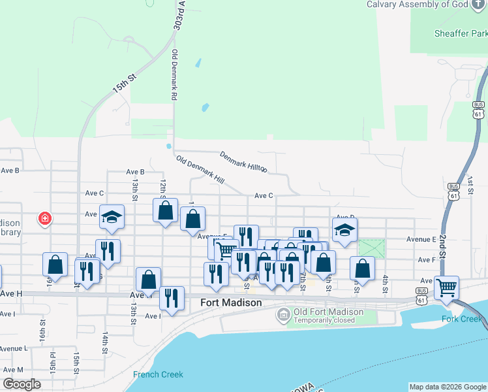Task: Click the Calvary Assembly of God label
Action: (x=427, y=5)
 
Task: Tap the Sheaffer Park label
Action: (x=461, y=33)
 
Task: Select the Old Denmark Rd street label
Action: (x=175, y=74)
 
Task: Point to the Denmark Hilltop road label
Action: (x=243, y=162)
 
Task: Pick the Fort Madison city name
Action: (x=231, y=302)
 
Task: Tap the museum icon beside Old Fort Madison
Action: (x=283, y=316)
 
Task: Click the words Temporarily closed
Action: (x=324, y=320)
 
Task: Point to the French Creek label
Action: (x=158, y=374)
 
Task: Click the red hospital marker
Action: (x=45, y=218)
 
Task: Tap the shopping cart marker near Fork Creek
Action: (x=447, y=287)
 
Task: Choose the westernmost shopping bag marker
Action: (x=55, y=264)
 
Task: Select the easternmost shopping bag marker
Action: (x=362, y=267)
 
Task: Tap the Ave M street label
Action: (x=12, y=370)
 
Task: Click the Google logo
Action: (x=22, y=384)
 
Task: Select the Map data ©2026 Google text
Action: (x=447, y=387)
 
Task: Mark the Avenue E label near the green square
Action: (x=421, y=240)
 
